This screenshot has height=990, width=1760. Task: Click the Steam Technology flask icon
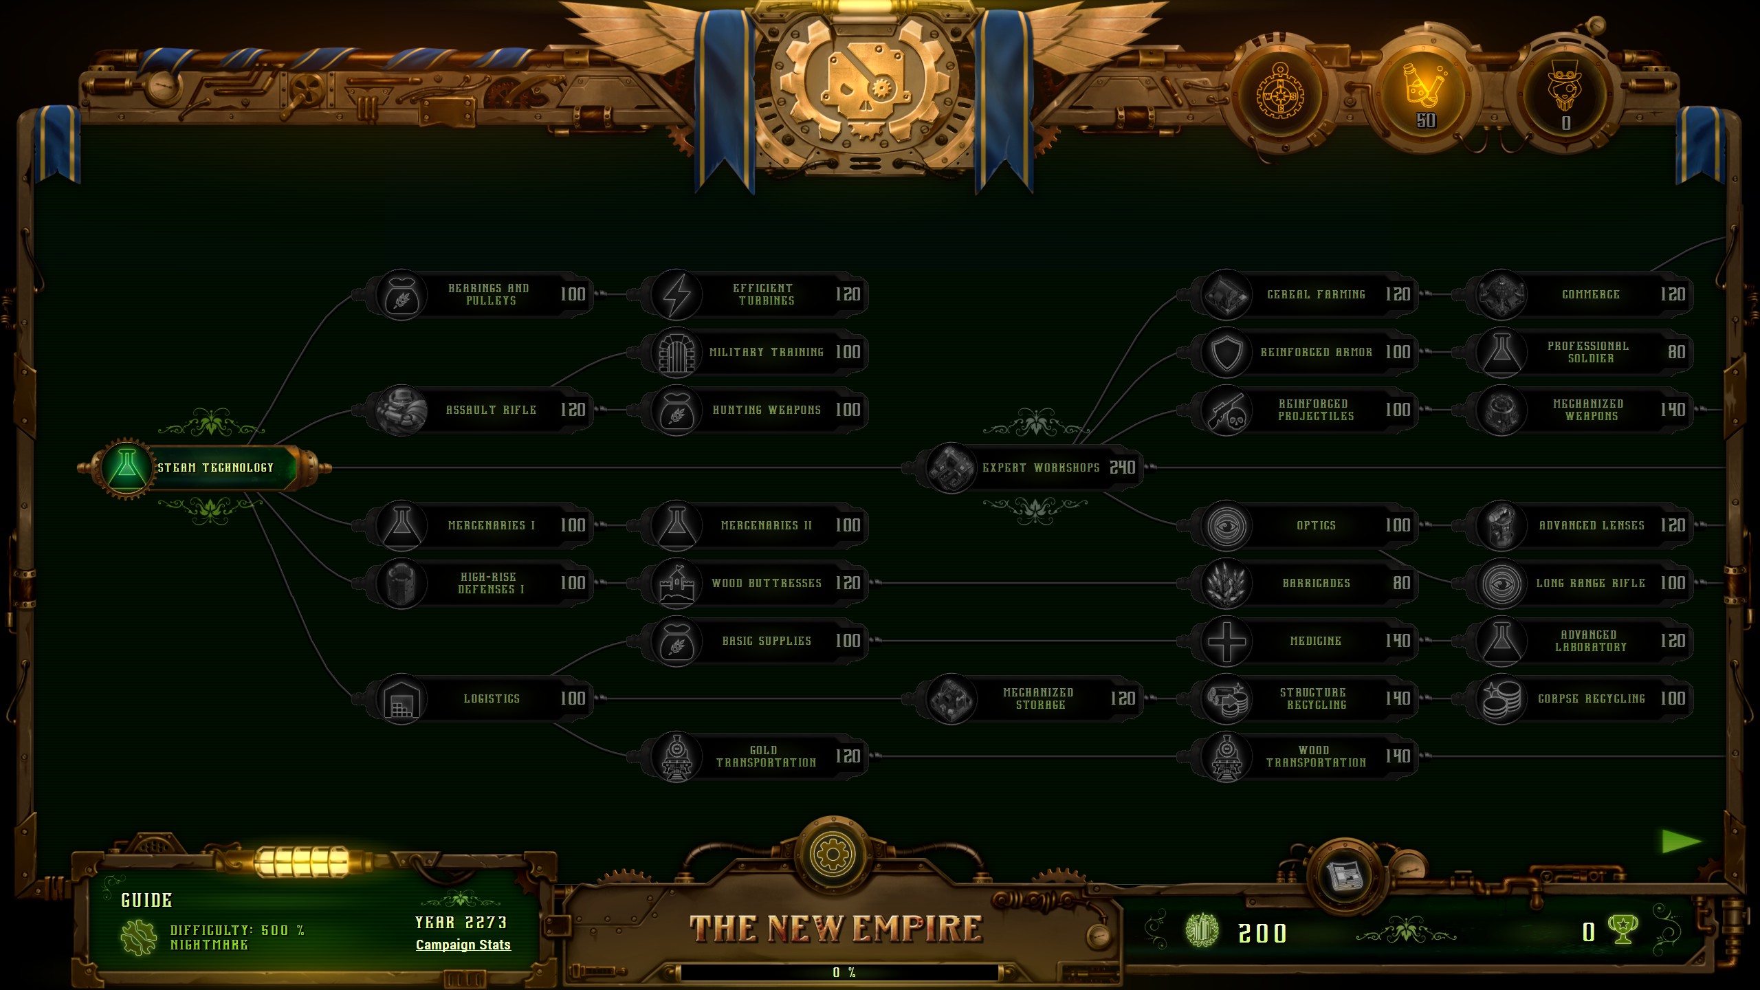coord(126,467)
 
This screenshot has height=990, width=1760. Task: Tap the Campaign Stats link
coord(463,945)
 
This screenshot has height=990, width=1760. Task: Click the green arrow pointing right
coord(1680,841)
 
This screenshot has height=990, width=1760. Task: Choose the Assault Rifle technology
coord(490,410)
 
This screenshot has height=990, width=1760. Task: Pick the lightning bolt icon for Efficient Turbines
coord(676,294)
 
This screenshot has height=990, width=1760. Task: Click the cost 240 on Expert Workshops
coord(1122,467)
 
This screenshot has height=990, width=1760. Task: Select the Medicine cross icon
coord(1226,641)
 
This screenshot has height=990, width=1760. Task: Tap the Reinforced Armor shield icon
coord(1226,352)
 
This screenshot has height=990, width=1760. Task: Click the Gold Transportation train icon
coord(676,756)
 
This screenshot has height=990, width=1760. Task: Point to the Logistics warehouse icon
coord(401,698)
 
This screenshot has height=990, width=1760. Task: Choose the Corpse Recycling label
coord(1591,698)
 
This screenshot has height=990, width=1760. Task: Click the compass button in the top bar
coord(1280,96)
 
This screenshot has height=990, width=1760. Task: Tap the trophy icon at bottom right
coord(1622,930)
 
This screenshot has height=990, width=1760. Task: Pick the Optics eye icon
coord(1226,525)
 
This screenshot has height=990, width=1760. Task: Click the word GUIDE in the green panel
coord(146,900)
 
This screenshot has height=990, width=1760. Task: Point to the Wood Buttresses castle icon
coord(676,583)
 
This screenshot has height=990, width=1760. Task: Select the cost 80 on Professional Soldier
coord(1676,352)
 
